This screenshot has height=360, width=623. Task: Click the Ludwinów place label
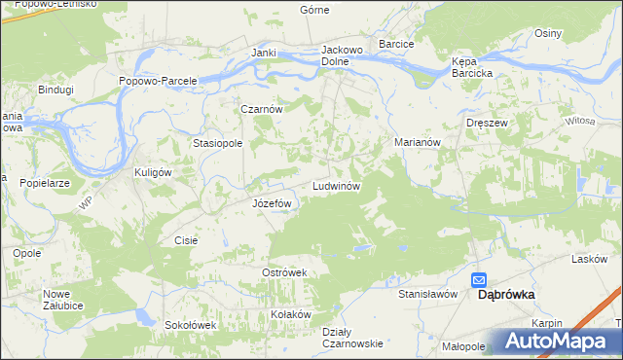[337, 185]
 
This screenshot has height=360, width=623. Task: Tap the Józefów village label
[273, 203]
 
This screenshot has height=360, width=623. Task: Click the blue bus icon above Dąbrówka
[480, 279]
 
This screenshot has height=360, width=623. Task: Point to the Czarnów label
[263, 110]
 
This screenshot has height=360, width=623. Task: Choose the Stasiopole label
[217, 143]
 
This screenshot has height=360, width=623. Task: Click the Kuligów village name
[152, 172]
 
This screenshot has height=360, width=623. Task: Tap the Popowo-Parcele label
[158, 81]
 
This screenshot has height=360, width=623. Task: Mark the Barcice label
[397, 45]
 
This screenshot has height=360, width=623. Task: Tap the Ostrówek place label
[284, 272]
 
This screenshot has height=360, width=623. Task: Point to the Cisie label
[186, 239]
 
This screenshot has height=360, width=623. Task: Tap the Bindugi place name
[55, 90]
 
